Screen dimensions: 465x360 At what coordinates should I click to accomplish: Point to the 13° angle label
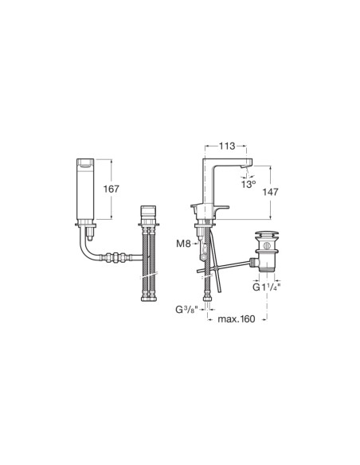coord(249,184)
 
